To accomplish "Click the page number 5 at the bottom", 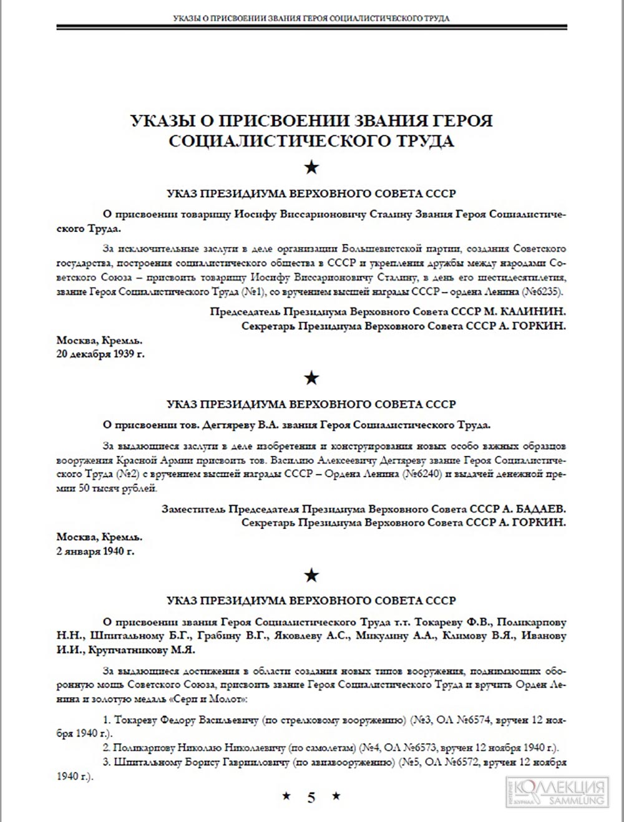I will pos(311,796).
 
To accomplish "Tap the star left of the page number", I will pos(286,796).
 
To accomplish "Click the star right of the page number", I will pos(336,796).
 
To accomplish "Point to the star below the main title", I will pos(311,167).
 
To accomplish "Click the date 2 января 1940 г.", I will pos(95,551).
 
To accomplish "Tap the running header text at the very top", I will pos(311,18).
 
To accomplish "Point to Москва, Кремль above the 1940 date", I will pos(99,536).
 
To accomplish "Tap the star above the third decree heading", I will pos(311,574).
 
